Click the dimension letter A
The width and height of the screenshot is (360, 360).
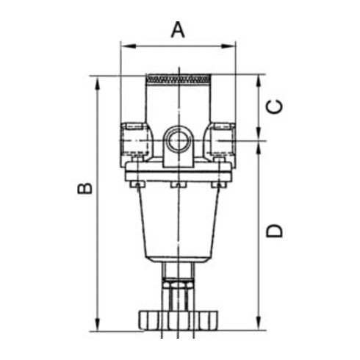[x=178, y=30]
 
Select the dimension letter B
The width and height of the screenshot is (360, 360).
[x=85, y=188]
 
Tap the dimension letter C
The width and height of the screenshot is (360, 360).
[x=274, y=107]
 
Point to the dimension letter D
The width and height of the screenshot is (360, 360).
[x=275, y=231]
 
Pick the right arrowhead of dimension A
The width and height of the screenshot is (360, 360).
[x=228, y=46]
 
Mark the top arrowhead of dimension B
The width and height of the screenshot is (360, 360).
[x=98, y=84]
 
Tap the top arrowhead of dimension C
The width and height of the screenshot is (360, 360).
[x=259, y=82]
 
